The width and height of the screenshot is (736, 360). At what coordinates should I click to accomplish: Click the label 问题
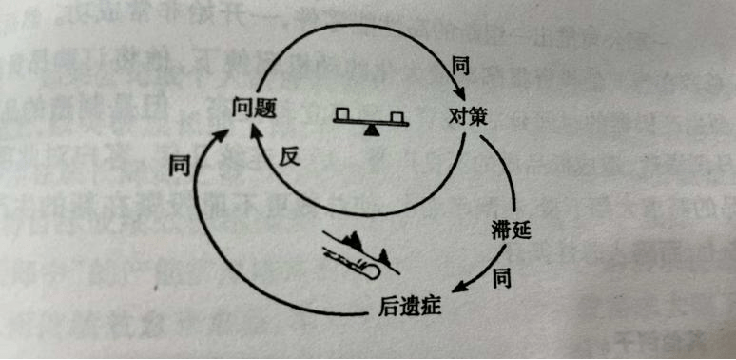coord(254,109)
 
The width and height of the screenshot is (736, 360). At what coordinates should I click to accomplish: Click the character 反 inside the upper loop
coord(290,157)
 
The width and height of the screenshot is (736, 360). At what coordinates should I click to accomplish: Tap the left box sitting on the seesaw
coord(343,115)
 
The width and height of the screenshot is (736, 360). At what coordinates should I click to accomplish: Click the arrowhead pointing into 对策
coord(459,96)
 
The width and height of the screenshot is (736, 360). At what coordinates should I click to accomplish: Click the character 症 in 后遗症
coord(433,308)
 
